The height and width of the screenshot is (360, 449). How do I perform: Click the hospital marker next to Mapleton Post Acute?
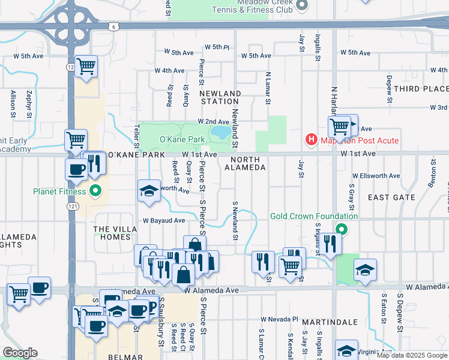tap(312, 140)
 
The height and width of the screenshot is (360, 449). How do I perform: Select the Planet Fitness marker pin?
tap(95, 193)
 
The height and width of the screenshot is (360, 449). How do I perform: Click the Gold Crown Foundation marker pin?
tap(342, 229)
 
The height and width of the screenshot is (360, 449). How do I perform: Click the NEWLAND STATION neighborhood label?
tap(220, 98)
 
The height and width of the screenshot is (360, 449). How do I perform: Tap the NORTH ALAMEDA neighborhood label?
tap(245, 164)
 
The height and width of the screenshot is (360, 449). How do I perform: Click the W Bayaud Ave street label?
tap(164, 220)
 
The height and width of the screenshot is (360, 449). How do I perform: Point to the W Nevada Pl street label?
tap(280, 319)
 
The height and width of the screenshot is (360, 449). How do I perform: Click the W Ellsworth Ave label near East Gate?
tap(376, 176)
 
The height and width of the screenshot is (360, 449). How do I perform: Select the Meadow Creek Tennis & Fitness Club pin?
tap(301, 6)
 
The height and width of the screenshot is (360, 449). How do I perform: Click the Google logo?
tap(20, 353)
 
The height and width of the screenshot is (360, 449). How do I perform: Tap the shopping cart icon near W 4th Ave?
tap(86, 66)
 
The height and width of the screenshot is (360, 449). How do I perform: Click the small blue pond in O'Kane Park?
tap(220, 132)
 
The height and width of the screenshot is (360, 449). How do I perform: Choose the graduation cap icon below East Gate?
tap(365, 270)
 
